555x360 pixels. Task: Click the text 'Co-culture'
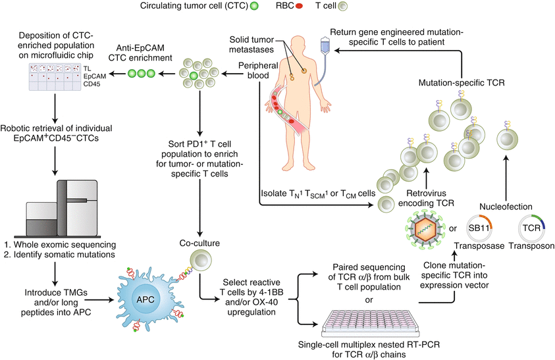[199, 243]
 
